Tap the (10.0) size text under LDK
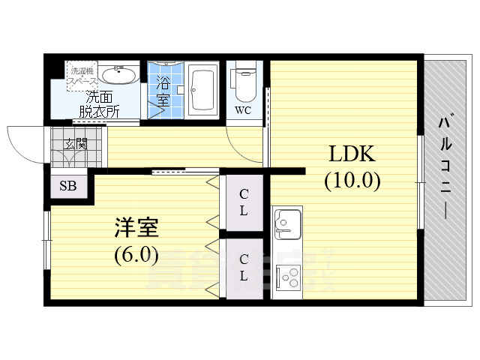[352, 181]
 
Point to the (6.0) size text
[136, 255]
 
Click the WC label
[243, 110]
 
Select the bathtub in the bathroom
[202, 88]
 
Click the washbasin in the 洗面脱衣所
[118, 75]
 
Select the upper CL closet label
[244, 202]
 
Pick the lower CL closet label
[244, 266]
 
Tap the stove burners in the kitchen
[287, 278]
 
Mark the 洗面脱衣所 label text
[100, 104]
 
